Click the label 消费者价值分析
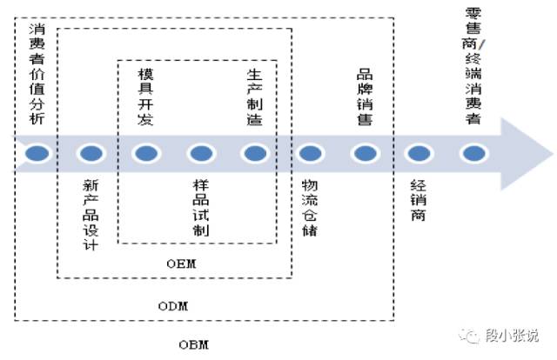pos(35,74)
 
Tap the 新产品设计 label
pos(90,214)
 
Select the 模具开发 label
pos(145,97)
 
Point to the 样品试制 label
pos(200,208)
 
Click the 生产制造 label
pos(254,97)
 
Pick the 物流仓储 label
pos(309,208)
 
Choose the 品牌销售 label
pos(364,97)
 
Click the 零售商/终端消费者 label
pos(473,65)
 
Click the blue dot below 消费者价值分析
pos(37,154)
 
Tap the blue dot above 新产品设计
pos(91,154)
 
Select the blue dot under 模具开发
pos(145,154)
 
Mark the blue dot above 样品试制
pos(200,154)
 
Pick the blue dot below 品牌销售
pos(363,154)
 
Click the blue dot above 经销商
pos(419,154)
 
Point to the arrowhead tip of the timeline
pos(549,154)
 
